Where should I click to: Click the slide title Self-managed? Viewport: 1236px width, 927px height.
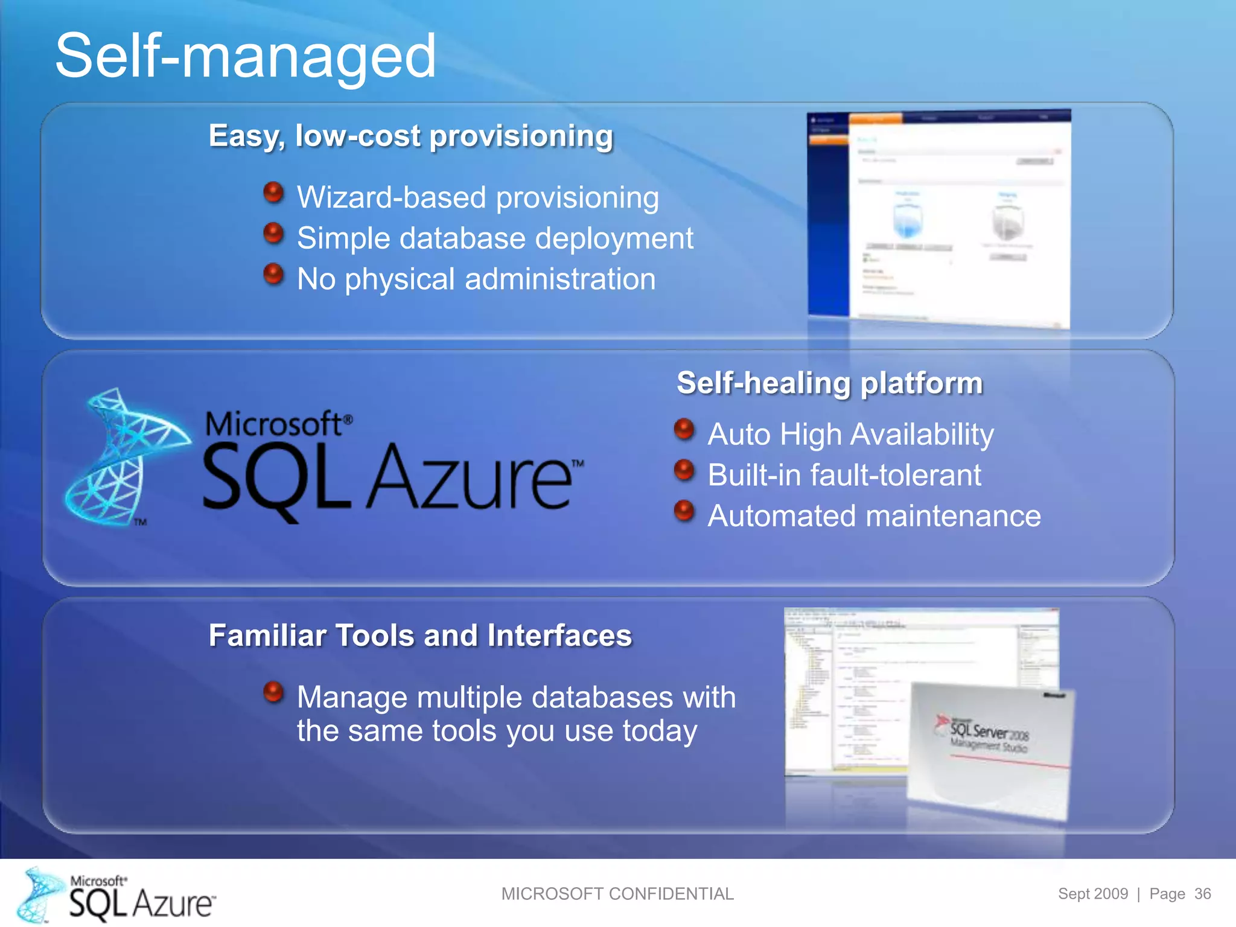coord(245,56)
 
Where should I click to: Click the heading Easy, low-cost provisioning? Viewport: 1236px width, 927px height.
coord(410,136)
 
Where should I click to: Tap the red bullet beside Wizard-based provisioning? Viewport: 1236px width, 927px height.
coord(273,193)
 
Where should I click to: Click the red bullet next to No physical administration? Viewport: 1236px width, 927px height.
coord(273,274)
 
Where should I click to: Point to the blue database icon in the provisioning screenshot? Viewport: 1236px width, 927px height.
coord(907,220)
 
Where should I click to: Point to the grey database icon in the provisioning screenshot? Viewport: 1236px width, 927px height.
coord(1007,221)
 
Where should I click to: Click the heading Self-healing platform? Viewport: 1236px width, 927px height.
coord(829,383)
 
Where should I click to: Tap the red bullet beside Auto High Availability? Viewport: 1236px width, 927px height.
coord(684,429)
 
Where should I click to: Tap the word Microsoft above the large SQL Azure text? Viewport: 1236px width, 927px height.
coord(275,424)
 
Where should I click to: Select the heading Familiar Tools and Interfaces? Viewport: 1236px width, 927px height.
coord(420,636)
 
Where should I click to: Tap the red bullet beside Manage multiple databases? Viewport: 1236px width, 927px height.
coord(273,692)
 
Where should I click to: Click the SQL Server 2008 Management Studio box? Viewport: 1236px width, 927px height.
coord(990,748)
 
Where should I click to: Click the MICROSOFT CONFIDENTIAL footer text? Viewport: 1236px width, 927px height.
coord(617,894)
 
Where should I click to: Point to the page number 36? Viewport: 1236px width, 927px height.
coord(1202,894)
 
